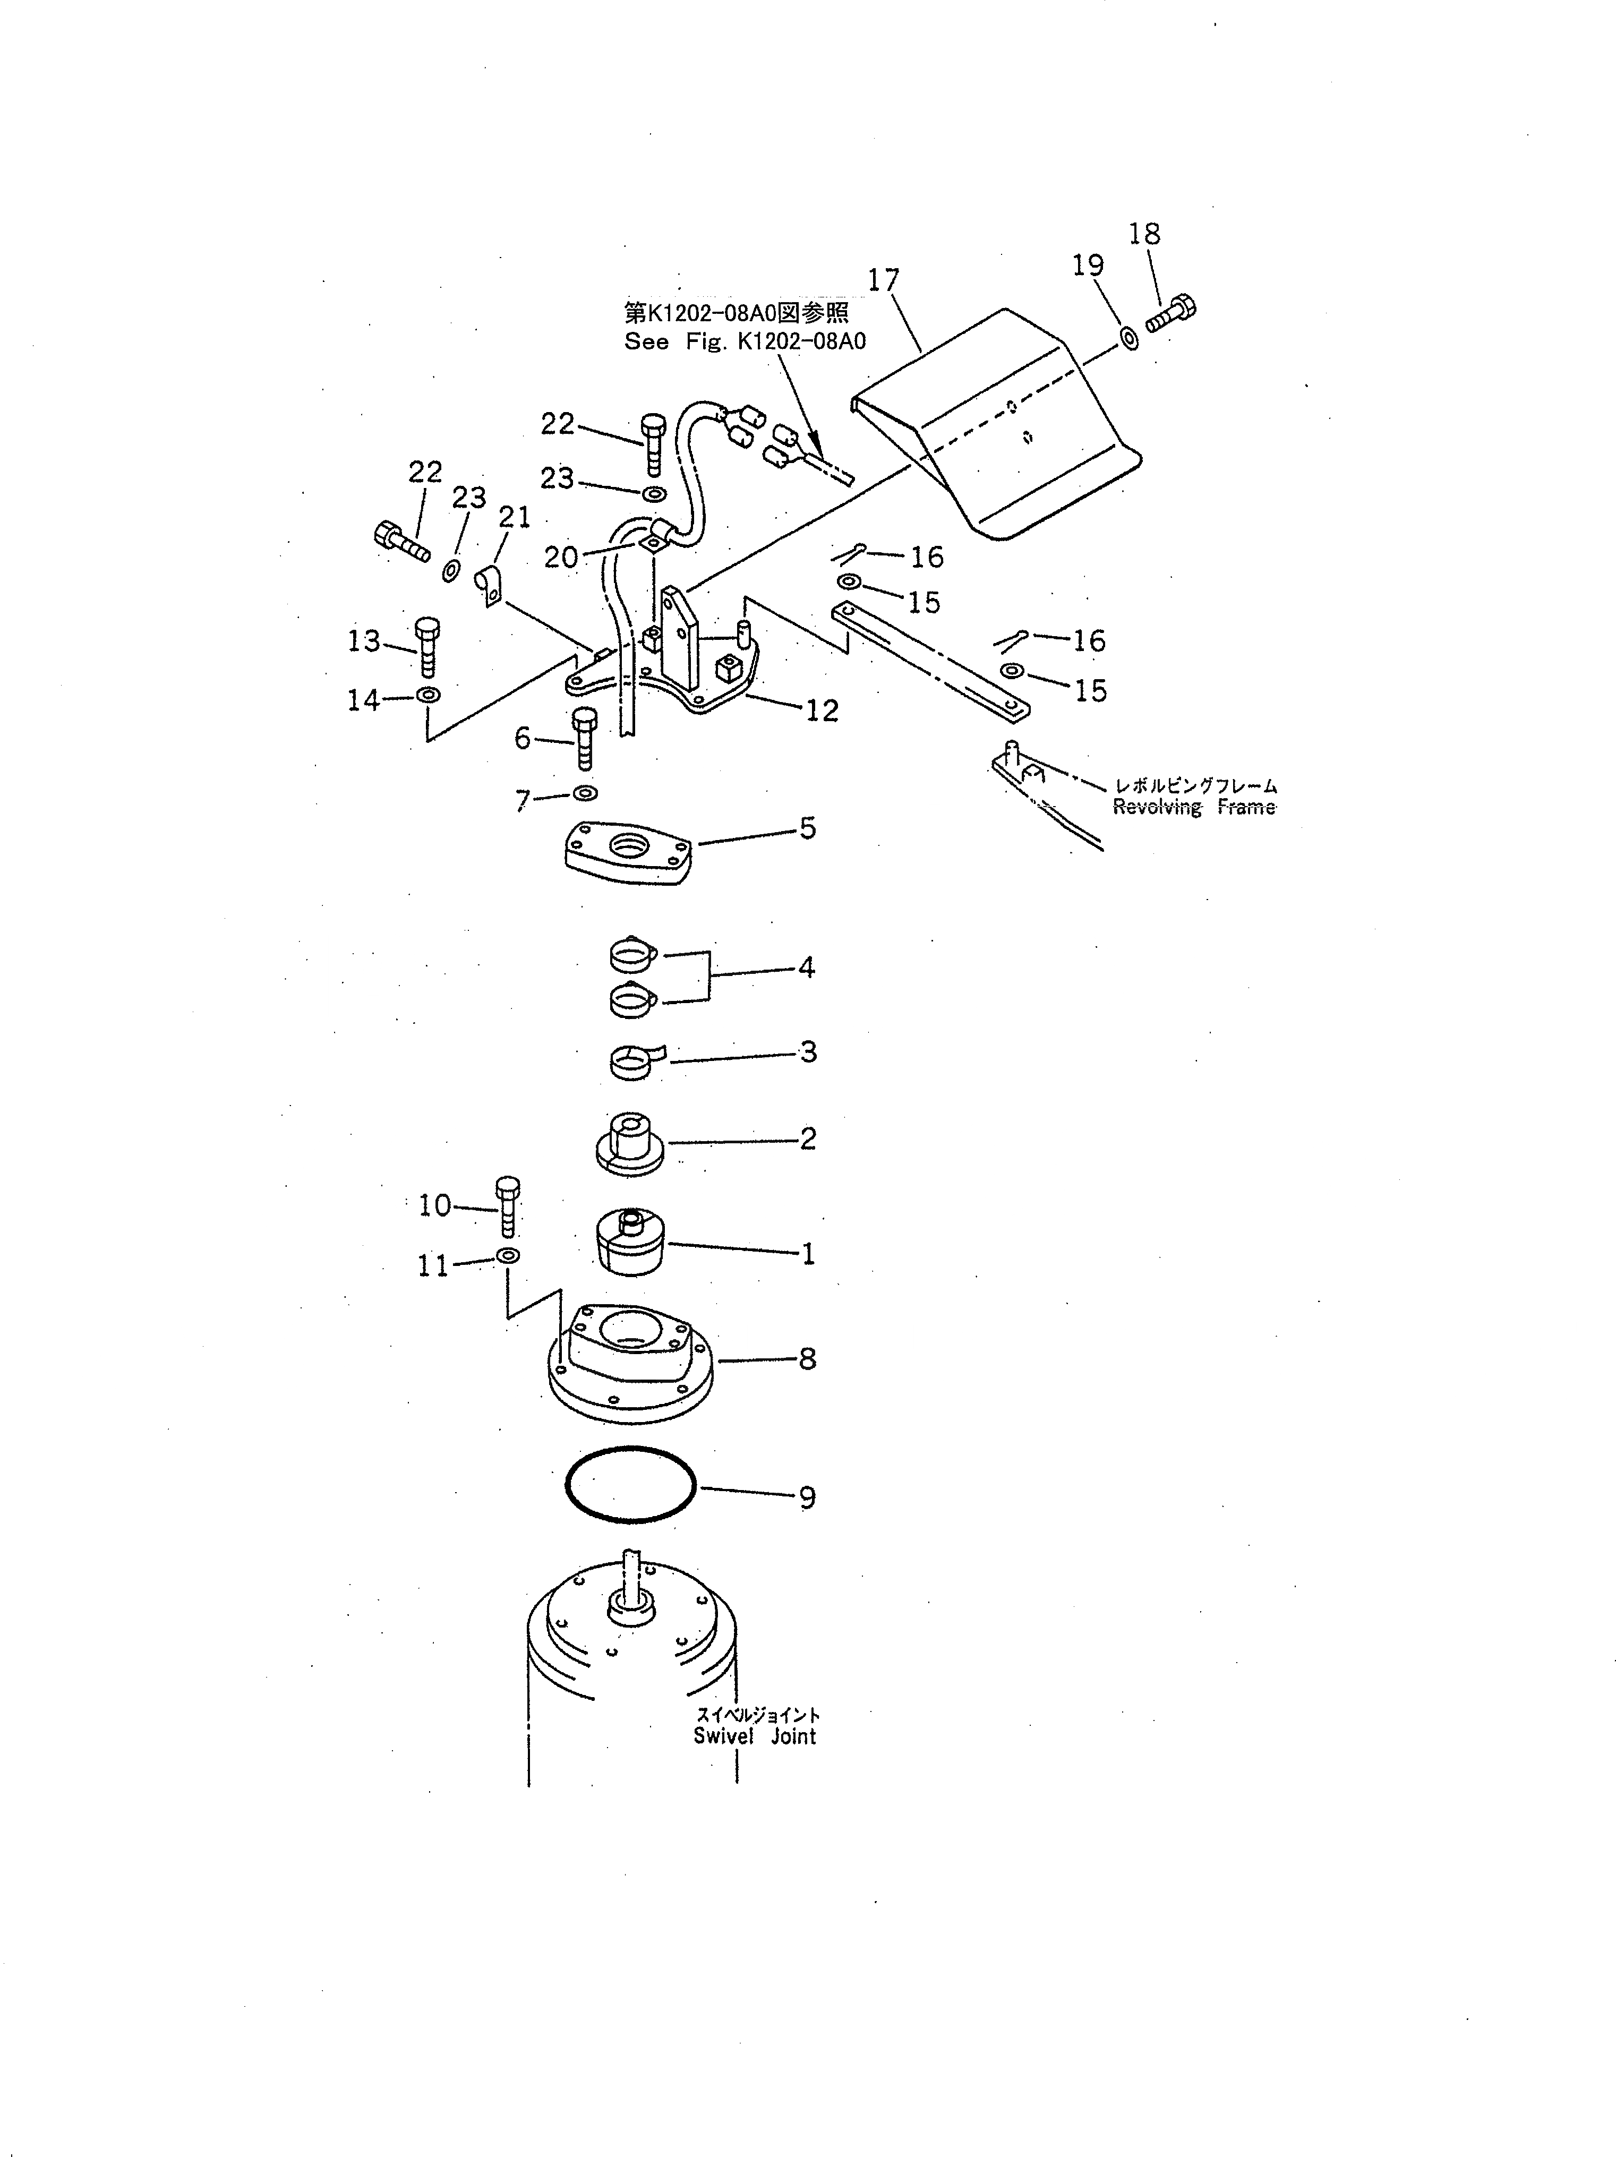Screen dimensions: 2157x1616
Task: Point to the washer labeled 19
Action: click(x=1128, y=338)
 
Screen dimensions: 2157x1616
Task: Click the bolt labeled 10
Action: click(x=507, y=1206)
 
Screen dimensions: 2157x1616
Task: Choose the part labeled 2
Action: click(x=629, y=1141)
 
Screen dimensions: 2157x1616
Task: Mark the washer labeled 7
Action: click(x=585, y=793)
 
